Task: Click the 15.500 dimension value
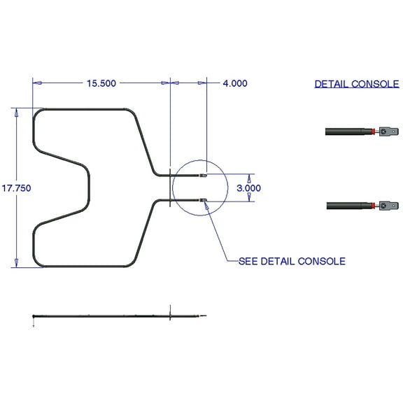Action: tap(101, 83)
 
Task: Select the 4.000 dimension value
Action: tap(234, 83)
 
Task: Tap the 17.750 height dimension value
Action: tap(16, 188)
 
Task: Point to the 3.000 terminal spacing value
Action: tap(248, 188)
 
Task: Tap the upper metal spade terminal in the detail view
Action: tap(389, 131)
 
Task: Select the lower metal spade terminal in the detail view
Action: tap(389, 205)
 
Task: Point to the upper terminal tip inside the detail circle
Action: tap(204, 175)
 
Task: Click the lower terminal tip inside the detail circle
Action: tap(204, 201)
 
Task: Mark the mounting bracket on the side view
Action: tap(170, 315)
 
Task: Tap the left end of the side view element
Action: tap(34, 318)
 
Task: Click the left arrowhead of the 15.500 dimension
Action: tap(37, 83)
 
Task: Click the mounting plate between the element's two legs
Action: tap(170, 188)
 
